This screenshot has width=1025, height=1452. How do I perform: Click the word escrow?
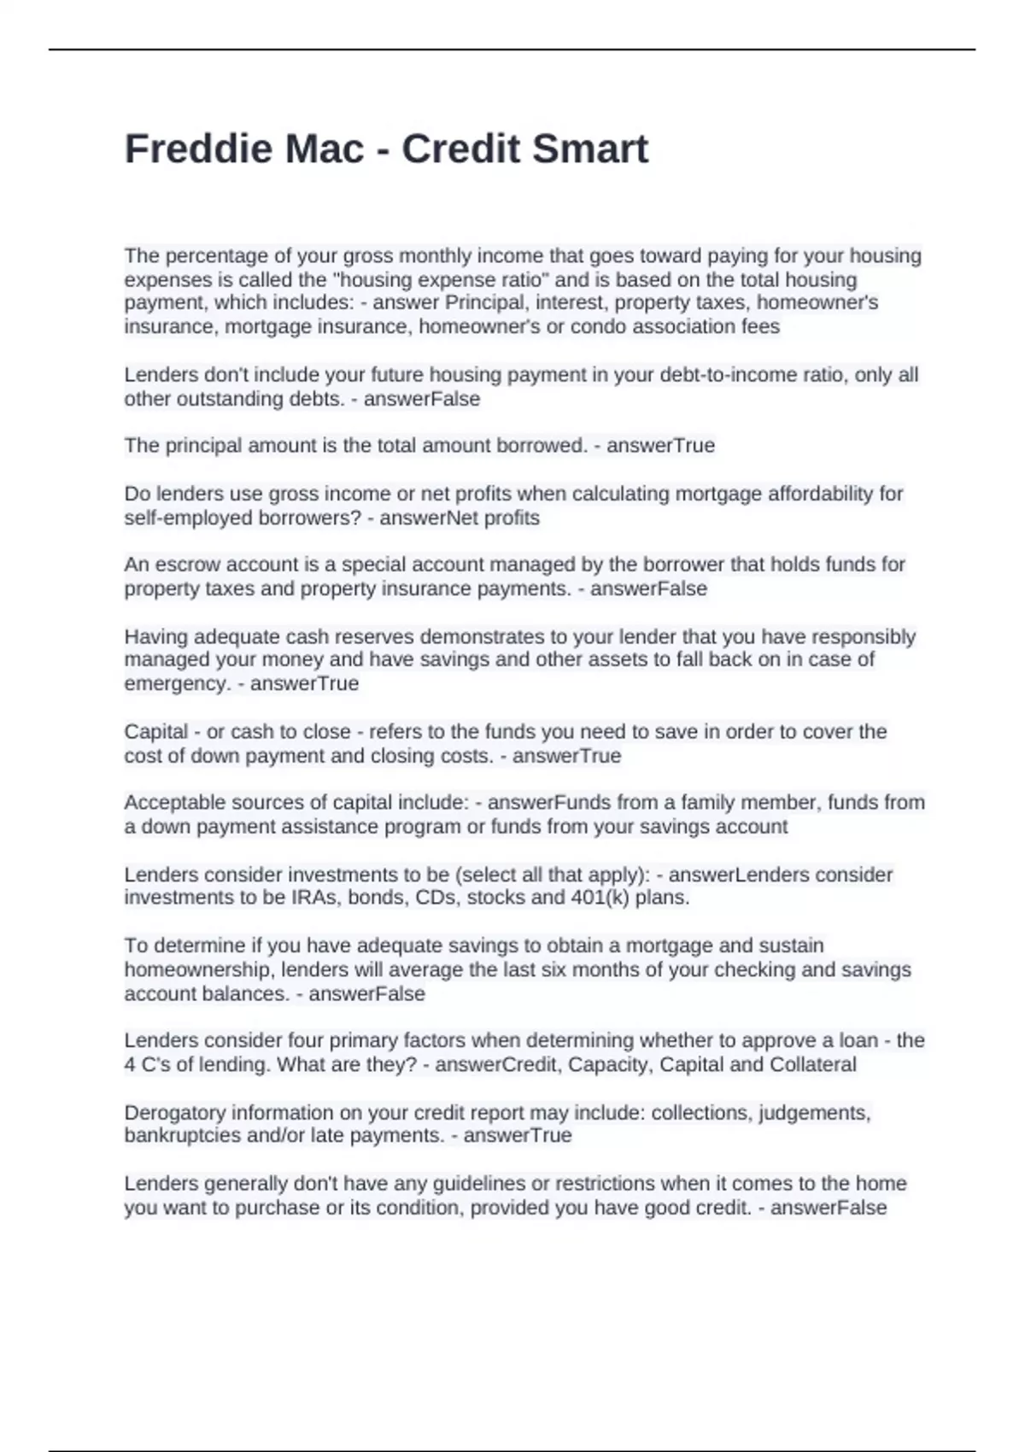coord(183,565)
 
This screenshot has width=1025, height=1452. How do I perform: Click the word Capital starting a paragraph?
coord(155,732)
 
